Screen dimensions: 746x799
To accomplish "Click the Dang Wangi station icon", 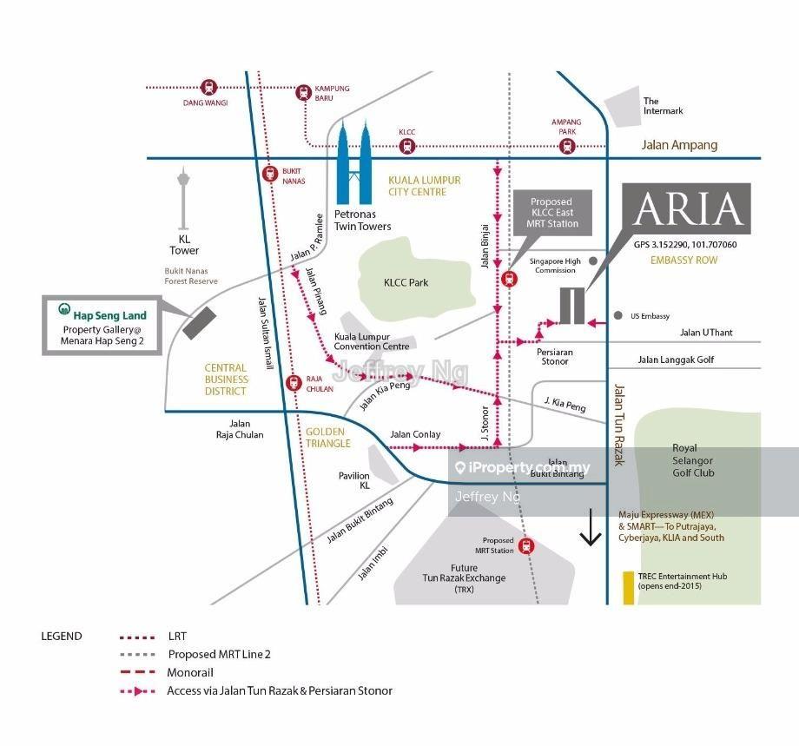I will pos(208,87).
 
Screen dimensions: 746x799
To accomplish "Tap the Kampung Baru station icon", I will pos(303,92).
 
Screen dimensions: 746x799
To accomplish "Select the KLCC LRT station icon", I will pos(407,146).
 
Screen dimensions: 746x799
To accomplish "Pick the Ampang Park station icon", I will pos(567,146).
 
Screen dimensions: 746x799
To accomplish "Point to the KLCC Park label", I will pos(406,282).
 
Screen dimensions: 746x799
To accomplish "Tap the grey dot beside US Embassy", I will pos(618,315).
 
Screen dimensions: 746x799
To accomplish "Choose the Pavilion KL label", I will pos(354,480).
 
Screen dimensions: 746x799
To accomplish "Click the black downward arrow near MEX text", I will pos(591,531).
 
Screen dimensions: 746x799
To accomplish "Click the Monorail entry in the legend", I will pos(189,672).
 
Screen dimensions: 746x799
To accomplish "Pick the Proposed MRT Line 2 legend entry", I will pos(220,654).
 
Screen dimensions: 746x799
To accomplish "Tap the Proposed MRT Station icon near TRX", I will pos(525,547).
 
